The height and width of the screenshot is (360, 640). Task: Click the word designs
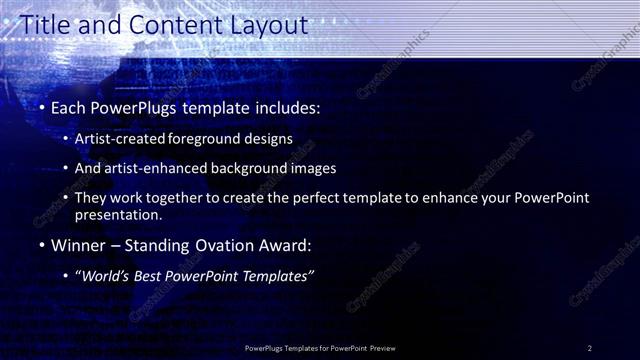270,140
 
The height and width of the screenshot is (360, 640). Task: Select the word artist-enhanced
162,169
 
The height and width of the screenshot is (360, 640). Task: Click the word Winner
80,245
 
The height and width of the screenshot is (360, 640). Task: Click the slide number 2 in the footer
589,348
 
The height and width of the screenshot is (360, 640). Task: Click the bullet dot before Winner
40,245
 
